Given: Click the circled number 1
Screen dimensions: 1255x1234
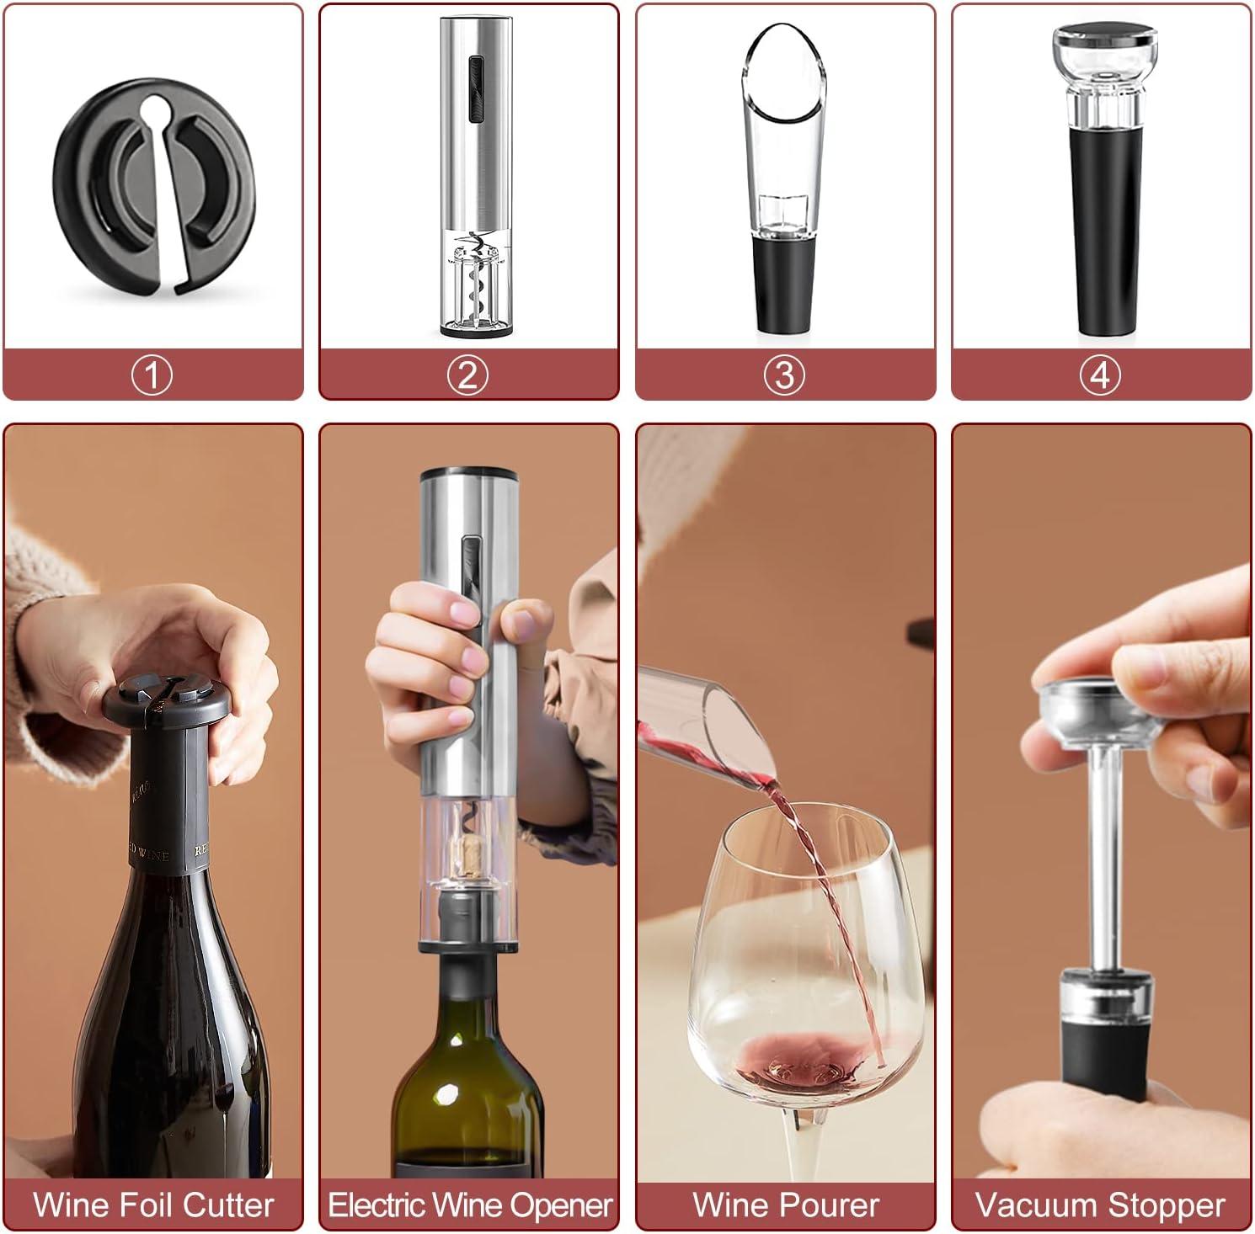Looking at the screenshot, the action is pyautogui.click(x=152, y=375).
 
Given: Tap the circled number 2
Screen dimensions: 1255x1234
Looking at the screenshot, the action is pyautogui.click(x=468, y=375).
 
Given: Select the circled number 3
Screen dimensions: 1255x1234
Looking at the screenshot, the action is pyautogui.click(x=784, y=375).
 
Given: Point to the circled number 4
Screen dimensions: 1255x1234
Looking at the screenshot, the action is pyautogui.click(x=1101, y=375).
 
